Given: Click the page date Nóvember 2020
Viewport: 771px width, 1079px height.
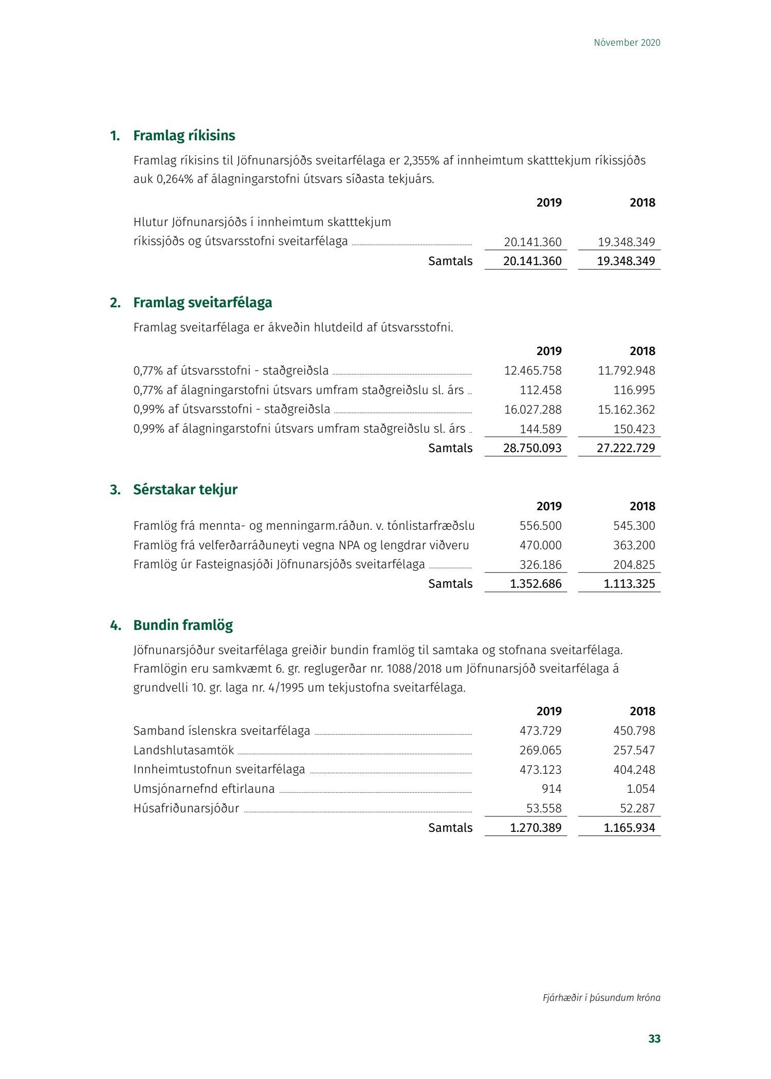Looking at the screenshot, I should pyautogui.click(x=627, y=43).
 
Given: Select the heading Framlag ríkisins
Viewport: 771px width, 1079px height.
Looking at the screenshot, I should pyautogui.click(x=184, y=136).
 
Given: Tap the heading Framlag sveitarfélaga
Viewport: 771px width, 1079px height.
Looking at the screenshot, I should pyautogui.click(x=203, y=303).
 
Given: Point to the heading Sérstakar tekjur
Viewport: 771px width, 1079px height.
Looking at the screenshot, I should pyautogui.click(x=185, y=490).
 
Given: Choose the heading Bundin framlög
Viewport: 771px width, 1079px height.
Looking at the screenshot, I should pyautogui.click(x=183, y=625).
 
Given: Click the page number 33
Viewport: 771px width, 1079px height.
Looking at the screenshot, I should pyautogui.click(x=654, y=1038).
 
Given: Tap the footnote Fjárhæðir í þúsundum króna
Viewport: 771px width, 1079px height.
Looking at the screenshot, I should pyautogui.click(x=601, y=997).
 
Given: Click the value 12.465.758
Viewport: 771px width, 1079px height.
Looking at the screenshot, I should pyautogui.click(x=533, y=370).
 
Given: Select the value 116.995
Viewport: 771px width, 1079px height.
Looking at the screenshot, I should pyautogui.click(x=634, y=390).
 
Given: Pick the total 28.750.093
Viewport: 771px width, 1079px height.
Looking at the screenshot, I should pyautogui.click(x=532, y=448).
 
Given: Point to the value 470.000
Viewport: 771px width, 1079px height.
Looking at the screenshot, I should pyautogui.click(x=540, y=545).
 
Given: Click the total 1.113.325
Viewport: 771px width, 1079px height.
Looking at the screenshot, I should pyautogui.click(x=629, y=584).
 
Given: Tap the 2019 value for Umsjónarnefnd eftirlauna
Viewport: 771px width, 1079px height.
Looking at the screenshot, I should pyautogui.click(x=552, y=789).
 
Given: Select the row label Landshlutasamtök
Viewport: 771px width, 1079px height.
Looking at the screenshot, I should pyautogui.click(x=183, y=750).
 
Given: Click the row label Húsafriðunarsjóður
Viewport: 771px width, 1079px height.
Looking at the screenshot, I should pyautogui.click(x=186, y=808).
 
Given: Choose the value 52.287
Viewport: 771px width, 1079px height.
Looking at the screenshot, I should pyautogui.click(x=637, y=808).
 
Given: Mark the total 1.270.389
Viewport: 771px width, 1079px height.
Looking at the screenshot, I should pyautogui.click(x=536, y=828).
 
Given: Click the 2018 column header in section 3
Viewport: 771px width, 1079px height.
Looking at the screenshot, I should pyautogui.click(x=642, y=506).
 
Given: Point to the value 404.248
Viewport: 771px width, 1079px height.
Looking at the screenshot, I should pyautogui.click(x=634, y=770).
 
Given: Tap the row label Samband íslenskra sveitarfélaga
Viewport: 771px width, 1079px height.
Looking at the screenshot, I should pyautogui.click(x=222, y=731).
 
